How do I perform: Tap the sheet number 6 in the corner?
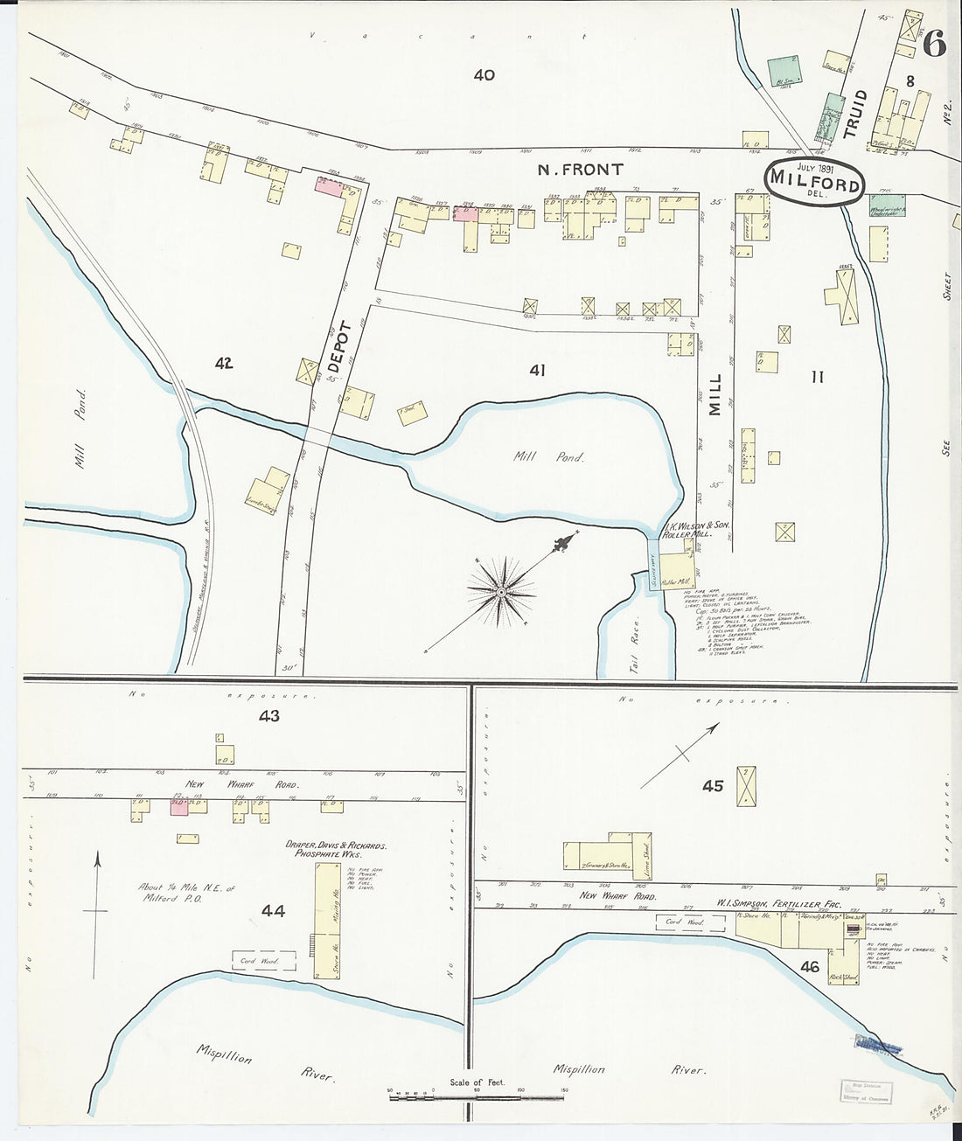pyautogui.click(x=933, y=44)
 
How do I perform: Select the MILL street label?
pyautogui.click(x=715, y=394)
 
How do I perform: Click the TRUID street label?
pyautogui.click(x=854, y=115)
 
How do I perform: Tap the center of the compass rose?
pyautogui.click(x=501, y=594)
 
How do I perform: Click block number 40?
pyautogui.click(x=484, y=75)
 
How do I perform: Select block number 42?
pyautogui.click(x=224, y=363)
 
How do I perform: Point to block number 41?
pyautogui.click(x=537, y=371)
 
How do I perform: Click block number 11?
pyautogui.click(x=817, y=377)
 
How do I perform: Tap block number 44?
pyautogui.click(x=273, y=911)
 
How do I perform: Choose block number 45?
pyautogui.click(x=713, y=786)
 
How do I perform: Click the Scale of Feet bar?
pyautogui.click(x=478, y=1094)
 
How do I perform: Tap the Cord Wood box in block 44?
pyautogui.click(x=263, y=961)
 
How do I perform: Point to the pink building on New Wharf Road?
pyautogui.click(x=179, y=807)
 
